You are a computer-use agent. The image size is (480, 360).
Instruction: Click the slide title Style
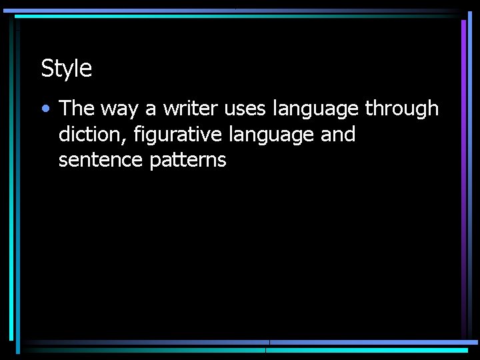pyautogui.click(x=66, y=68)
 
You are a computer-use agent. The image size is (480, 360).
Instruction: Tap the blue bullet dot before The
pyautogui.click(x=45, y=108)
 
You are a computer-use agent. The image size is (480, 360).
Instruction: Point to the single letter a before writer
pyautogui.click(x=150, y=109)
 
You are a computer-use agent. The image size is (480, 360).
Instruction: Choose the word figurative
pyautogui.click(x=176, y=135)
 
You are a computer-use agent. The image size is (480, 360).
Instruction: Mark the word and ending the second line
pyautogui.click(x=338, y=134)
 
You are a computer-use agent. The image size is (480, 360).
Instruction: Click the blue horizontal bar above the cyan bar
pyautogui.click(x=373, y=343)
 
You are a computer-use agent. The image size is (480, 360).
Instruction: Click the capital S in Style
pyautogui.click(x=47, y=68)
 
